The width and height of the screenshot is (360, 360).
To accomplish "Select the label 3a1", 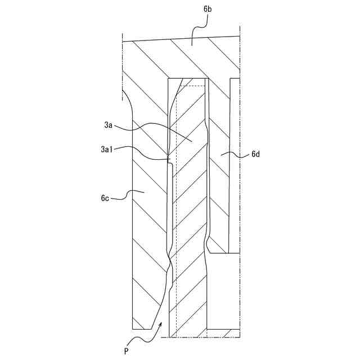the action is (106, 149).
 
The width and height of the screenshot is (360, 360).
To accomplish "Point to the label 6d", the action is (255, 154).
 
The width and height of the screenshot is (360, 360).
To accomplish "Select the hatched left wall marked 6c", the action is (149, 225).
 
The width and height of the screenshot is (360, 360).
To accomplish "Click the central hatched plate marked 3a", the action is (189, 225).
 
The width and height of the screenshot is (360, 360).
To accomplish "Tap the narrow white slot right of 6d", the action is (235, 169).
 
